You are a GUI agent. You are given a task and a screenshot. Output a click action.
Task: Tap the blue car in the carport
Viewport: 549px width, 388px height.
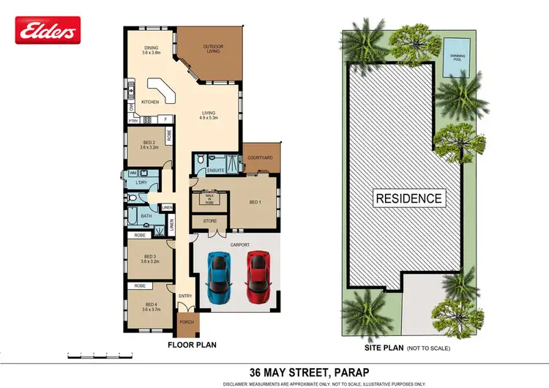pyautogui.click(x=219, y=277)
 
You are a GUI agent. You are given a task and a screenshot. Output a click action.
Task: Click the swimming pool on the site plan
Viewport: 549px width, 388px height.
pyautogui.click(x=457, y=56)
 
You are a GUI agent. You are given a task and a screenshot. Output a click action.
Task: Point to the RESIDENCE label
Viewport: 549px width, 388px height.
pyautogui.click(x=408, y=198)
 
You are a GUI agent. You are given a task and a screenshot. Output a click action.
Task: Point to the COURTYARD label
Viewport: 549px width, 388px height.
pyautogui.click(x=260, y=158)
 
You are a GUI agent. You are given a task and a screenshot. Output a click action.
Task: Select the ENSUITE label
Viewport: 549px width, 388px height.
pyautogui.click(x=215, y=171)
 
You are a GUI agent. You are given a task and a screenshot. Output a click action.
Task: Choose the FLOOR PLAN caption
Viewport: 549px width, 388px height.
pyautogui.click(x=192, y=344)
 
